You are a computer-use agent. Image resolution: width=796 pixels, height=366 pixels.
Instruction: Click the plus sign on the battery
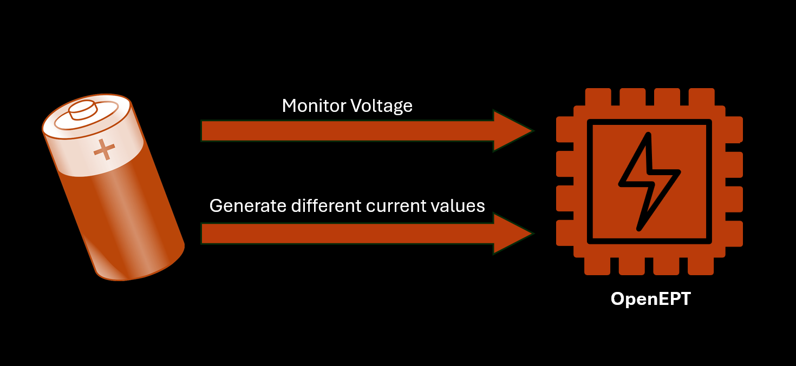click(105, 149)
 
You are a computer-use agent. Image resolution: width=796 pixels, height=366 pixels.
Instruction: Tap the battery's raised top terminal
click(83, 109)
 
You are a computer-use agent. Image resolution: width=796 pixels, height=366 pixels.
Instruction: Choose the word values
click(459, 205)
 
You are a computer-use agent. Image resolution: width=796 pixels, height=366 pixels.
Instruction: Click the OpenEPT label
click(650, 299)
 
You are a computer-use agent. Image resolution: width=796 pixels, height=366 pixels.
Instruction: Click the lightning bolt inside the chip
click(648, 182)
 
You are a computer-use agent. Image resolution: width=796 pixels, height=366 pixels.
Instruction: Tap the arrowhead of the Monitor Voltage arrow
click(511, 130)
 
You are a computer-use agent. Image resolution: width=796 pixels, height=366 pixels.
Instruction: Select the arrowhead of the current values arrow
click(511, 234)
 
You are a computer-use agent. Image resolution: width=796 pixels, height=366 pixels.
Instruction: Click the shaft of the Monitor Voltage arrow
click(347, 131)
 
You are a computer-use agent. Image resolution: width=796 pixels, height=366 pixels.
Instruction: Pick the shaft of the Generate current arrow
click(347, 234)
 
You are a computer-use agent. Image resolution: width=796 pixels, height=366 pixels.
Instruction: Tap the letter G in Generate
click(216, 206)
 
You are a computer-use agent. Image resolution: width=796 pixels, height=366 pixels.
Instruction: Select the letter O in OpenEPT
click(617, 299)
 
